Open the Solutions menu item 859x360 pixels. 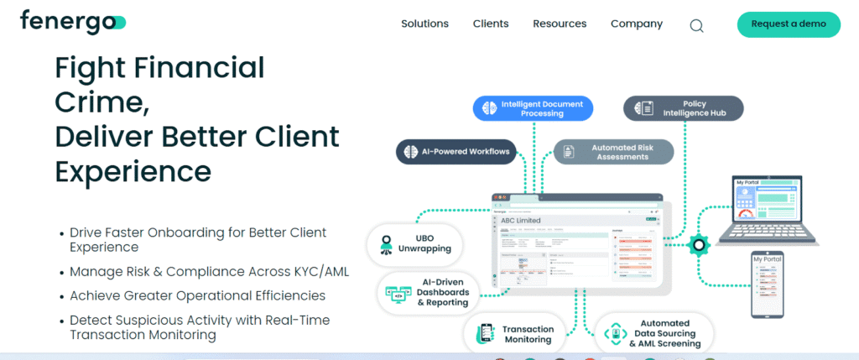[424, 24]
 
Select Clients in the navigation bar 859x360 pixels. [491, 24]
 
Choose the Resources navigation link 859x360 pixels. [560, 24]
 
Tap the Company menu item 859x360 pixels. [636, 24]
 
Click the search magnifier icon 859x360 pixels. [696, 25]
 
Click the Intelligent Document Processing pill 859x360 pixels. [533, 108]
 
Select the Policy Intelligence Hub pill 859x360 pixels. [683, 108]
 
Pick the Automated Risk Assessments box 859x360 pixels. [614, 152]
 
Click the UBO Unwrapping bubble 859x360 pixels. [414, 243]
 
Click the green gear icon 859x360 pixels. [698, 245]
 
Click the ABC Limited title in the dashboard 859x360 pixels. [521, 221]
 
